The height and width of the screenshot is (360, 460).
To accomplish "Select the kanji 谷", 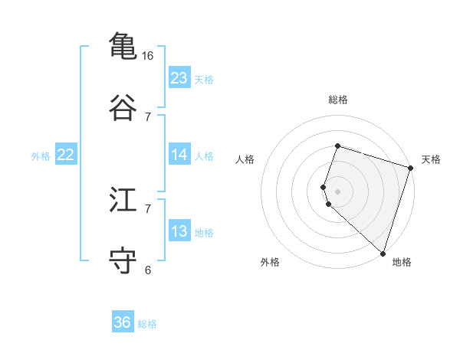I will [x=123, y=107].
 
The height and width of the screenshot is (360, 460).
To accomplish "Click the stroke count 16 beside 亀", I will [x=148, y=56].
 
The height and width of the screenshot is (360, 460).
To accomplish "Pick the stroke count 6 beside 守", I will [x=148, y=270].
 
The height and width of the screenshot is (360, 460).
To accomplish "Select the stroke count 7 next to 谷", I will [x=148, y=116].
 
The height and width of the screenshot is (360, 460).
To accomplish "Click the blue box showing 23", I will [x=179, y=77].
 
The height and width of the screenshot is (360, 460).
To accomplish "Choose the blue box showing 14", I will [x=179, y=155].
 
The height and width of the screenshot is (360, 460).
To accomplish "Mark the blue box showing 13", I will [x=179, y=231].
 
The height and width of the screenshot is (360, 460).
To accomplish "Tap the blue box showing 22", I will [x=66, y=155].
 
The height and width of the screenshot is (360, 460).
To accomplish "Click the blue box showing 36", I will [x=123, y=322].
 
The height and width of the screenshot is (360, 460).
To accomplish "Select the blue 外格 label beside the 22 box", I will [x=41, y=156].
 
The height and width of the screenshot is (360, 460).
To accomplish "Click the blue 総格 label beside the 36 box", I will [x=147, y=324].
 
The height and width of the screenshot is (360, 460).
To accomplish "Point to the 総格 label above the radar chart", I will [x=338, y=100].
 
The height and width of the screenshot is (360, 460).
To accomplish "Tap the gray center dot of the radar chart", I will [x=338, y=191].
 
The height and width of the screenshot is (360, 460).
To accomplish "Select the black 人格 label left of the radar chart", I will [x=245, y=159].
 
